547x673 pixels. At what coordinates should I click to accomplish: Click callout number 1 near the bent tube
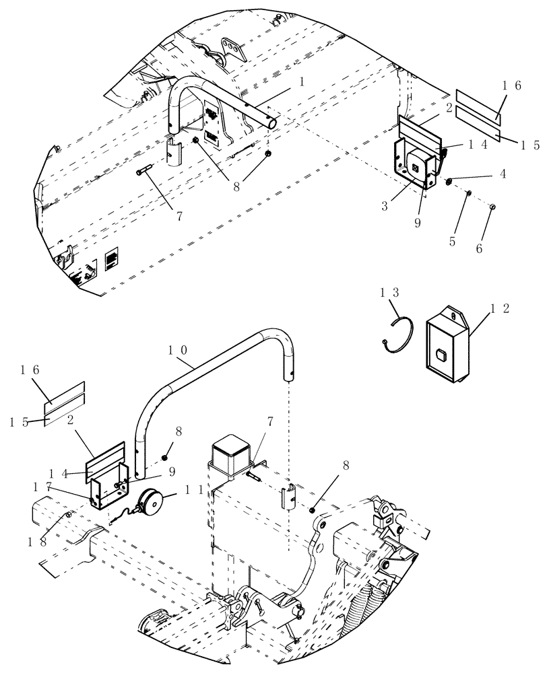[302, 81]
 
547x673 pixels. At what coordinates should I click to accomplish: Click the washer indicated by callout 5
[469, 194]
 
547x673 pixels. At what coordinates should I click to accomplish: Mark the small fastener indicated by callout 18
[69, 516]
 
